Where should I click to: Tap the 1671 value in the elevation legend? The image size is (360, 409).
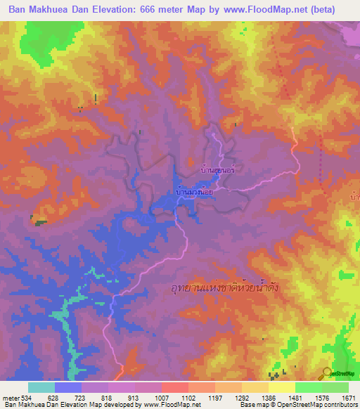click(348, 398)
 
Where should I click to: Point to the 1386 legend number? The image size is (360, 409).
click(268, 398)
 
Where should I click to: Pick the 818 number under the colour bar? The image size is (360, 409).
click(108, 398)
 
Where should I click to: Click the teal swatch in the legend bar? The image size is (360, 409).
click(41, 387)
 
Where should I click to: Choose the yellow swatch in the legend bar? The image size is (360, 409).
click(282, 387)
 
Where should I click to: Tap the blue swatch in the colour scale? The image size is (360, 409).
click(68, 387)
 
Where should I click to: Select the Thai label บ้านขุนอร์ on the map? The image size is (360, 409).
click(216, 169)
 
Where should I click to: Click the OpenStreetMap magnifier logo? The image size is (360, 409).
click(326, 372)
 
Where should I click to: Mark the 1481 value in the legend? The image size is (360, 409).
click(295, 398)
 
